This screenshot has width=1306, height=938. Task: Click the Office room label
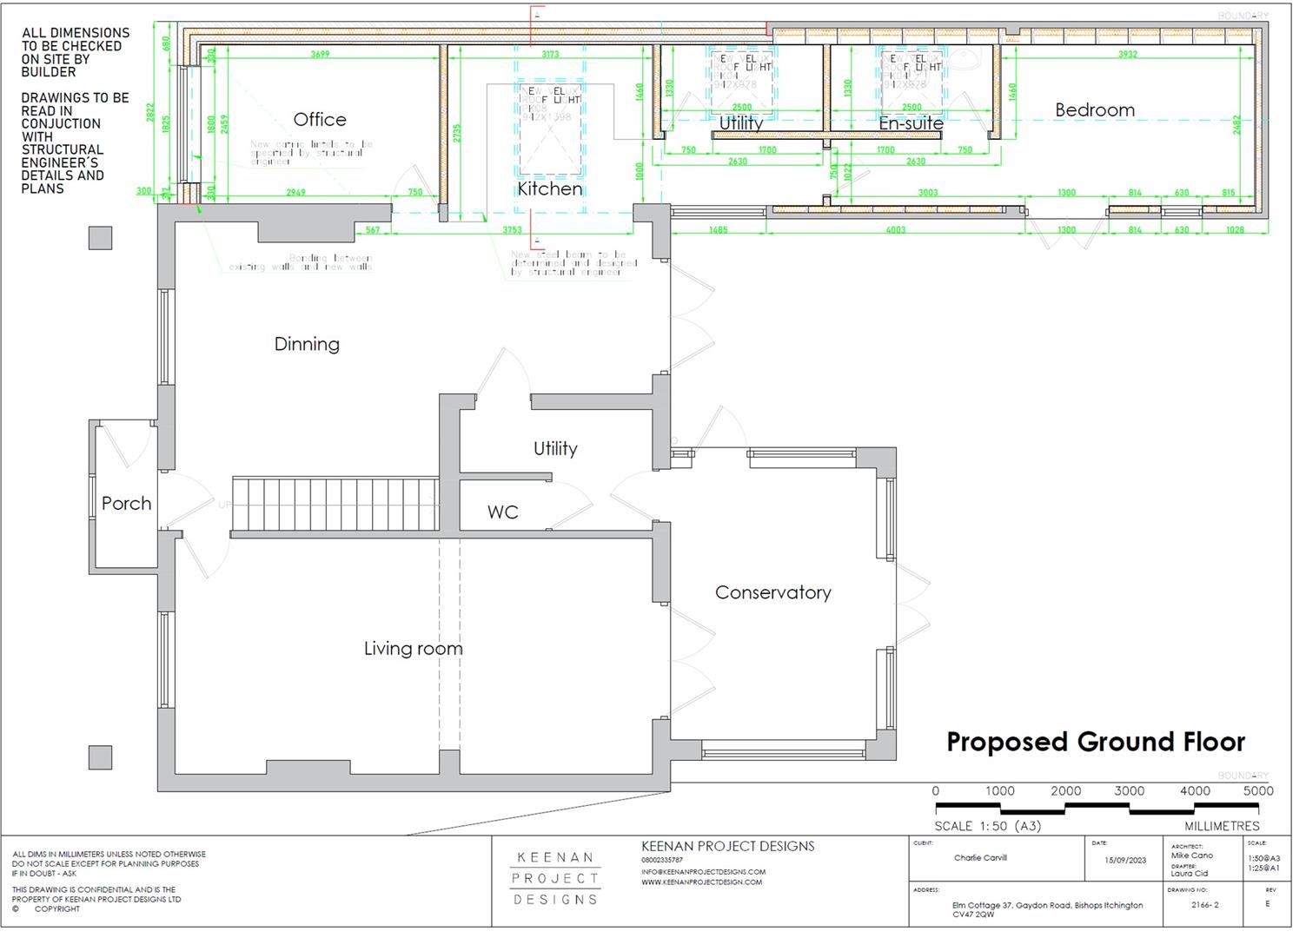click(320, 120)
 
